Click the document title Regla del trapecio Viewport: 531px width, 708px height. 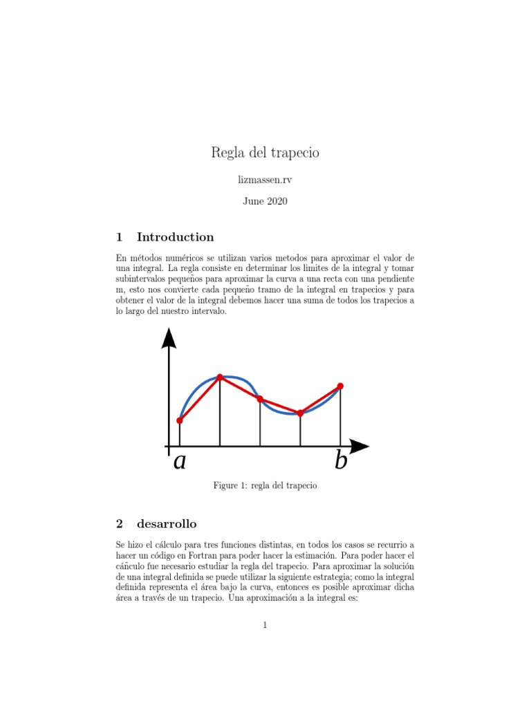[265, 153]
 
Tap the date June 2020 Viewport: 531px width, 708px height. [265, 201]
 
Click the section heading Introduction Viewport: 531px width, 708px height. [175, 237]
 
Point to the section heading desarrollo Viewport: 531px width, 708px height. [167, 523]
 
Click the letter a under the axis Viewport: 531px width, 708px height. [180, 461]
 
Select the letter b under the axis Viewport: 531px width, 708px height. [340, 460]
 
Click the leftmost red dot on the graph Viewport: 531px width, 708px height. [180, 420]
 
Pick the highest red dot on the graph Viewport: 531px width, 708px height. [220, 377]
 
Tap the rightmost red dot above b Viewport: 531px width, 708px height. [340, 386]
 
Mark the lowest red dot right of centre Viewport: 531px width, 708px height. [300, 413]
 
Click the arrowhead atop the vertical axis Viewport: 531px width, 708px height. [168, 338]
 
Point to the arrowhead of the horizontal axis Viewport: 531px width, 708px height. [359, 447]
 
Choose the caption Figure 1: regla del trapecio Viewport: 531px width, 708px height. [265, 486]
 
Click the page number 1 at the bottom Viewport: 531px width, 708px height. [265, 626]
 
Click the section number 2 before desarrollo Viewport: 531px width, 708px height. [119, 523]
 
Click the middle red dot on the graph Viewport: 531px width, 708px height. [260, 399]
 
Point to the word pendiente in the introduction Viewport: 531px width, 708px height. [394, 278]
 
